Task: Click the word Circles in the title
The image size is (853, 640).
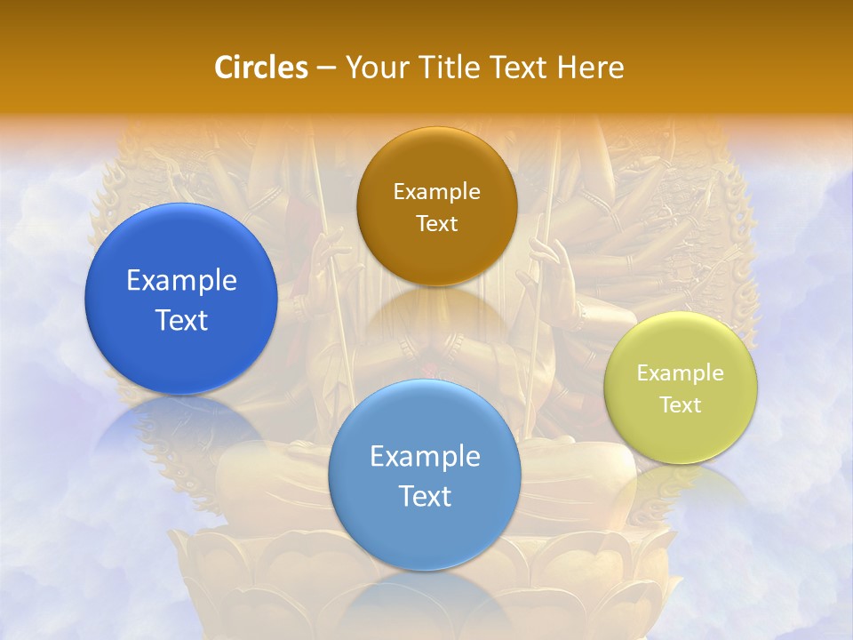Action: click(261, 68)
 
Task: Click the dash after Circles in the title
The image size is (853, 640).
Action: click(325, 68)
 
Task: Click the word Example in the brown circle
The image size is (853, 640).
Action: click(436, 192)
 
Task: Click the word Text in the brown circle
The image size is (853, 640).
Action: click(436, 223)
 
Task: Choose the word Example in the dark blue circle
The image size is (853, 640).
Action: click(181, 281)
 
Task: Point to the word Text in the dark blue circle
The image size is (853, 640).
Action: click(181, 320)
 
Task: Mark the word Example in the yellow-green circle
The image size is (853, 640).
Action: click(681, 373)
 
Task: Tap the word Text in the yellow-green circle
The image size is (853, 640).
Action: click(681, 404)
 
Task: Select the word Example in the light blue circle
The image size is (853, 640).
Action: click(425, 457)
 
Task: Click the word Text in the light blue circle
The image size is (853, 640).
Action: click(425, 496)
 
